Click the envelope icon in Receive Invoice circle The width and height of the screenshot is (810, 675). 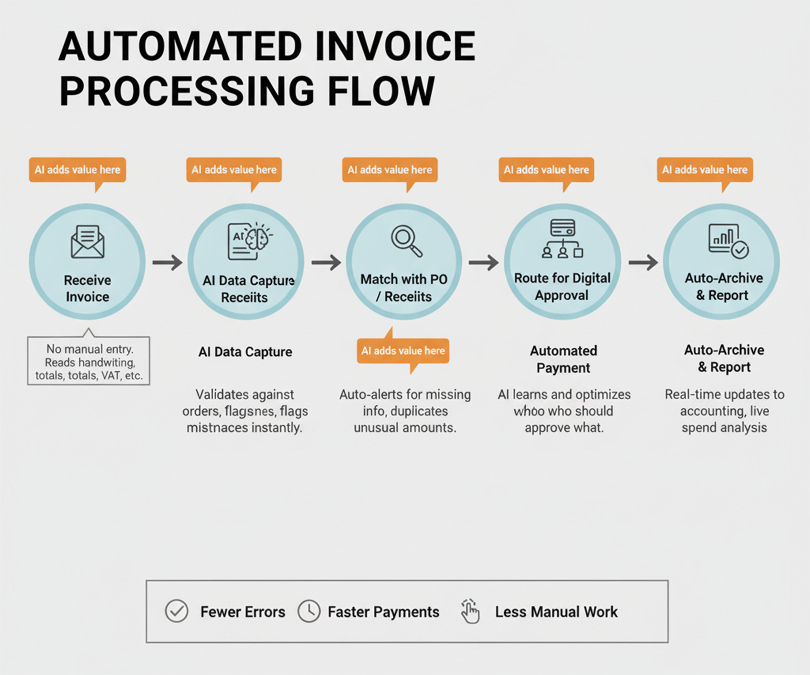coord(88,242)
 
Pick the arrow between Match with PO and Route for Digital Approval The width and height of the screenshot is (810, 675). coord(483,262)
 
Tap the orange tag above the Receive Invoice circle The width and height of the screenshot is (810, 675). coord(78,170)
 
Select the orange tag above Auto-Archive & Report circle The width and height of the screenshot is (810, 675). coord(705,170)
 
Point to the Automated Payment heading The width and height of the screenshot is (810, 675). coord(563,359)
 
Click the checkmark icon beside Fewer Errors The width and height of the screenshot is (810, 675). coord(177,611)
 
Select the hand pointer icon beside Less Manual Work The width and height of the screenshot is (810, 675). coord(470,611)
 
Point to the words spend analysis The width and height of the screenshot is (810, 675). coord(724,428)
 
